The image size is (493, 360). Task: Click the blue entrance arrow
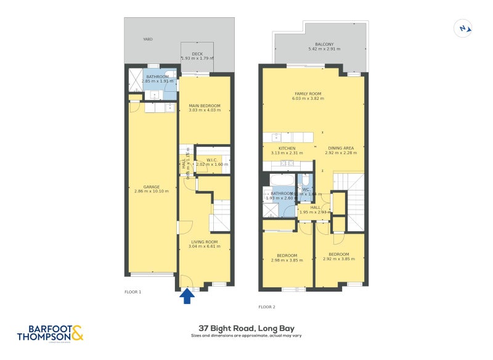coord(187,297)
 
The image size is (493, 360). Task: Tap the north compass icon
coord(463,28)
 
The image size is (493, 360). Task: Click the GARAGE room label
coord(152,187)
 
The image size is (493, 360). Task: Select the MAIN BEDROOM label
coord(204,106)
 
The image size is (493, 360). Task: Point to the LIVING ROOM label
coord(204,242)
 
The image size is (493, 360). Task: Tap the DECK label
coord(197,54)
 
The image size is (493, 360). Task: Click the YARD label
coord(148,39)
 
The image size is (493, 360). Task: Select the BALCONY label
coord(324,44)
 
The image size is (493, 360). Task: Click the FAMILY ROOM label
coord(308,94)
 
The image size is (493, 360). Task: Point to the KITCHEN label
coord(287,149)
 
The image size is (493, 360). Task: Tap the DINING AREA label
coord(341,149)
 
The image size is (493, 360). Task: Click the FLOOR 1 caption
coord(132,292)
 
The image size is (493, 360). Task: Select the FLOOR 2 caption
coord(266,306)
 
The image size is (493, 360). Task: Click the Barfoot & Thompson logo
coord(50,333)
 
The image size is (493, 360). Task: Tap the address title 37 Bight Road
coord(246,329)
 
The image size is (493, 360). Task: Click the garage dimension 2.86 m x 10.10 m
coord(152,192)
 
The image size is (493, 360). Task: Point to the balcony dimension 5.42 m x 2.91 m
coord(324,49)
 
